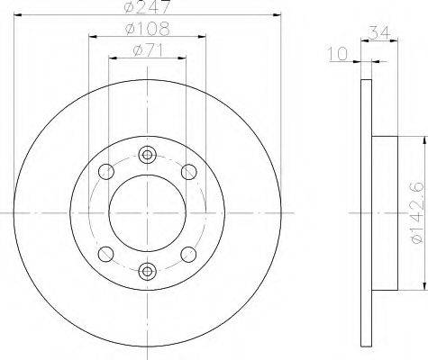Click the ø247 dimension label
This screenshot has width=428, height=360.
coord(147,6)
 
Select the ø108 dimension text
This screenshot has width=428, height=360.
coord(147,29)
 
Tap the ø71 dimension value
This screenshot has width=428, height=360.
coord(148,50)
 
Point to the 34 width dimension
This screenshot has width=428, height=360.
coord(379,32)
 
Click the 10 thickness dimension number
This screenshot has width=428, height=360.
coord(338,54)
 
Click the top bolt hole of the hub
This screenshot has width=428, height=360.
coord(147,155)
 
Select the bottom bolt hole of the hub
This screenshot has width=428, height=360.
coord(147,271)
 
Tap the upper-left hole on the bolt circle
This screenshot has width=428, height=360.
coord(106,172)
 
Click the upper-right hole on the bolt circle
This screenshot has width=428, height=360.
coord(189,172)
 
